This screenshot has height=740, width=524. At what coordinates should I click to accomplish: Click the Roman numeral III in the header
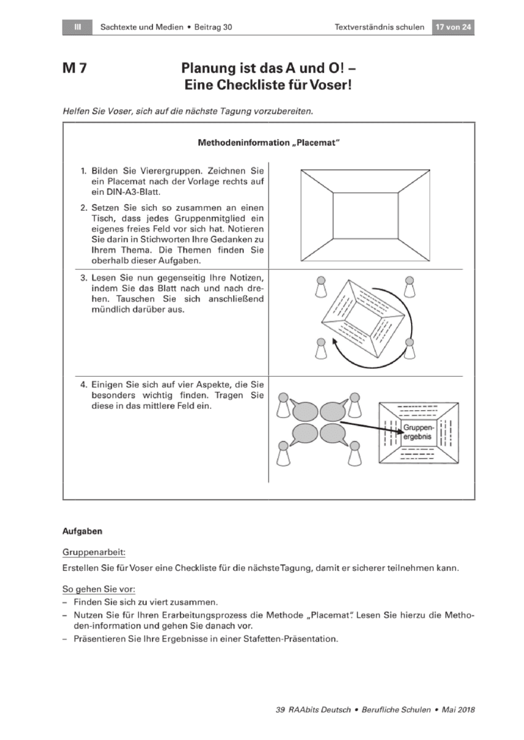(x=77, y=27)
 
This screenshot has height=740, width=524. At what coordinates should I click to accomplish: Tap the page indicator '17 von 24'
(x=453, y=27)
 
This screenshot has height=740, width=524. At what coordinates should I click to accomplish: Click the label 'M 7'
(x=75, y=68)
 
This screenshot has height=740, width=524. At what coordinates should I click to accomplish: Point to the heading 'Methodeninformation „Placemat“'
(x=268, y=142)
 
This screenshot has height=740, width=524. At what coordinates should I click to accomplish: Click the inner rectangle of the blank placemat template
(x=365, y=215)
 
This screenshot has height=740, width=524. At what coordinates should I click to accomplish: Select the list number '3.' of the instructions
(x=83, y=278)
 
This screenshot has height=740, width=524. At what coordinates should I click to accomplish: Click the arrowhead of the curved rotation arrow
(x=335, y=342)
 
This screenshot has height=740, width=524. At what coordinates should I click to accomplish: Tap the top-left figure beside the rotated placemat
(x=321, y=287)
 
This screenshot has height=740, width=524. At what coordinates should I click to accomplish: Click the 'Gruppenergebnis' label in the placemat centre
(x=418, y=432)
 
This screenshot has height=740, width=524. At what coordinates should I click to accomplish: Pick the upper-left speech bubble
(x=304, y=411)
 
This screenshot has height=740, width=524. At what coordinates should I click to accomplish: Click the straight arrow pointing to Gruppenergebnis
(x=372, y=427)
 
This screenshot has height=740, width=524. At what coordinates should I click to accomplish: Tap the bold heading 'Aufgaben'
(x=82, y=532)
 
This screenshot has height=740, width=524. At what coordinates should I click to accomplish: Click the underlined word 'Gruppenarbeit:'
(x=94, y=553)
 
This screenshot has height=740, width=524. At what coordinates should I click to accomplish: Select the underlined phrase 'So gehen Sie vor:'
(x=99, y=590)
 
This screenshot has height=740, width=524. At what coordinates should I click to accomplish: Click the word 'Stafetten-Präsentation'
(x=291, y=639)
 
